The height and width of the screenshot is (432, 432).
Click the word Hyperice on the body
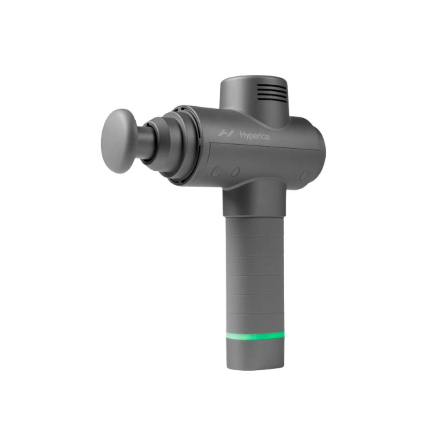pos(254,136)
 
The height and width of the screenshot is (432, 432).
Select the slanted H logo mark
pos(226,133)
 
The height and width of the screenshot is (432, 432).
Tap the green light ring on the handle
pos(255,336)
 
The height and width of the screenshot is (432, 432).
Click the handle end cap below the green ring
pos(255,355)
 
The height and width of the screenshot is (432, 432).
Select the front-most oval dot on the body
pos(216,171)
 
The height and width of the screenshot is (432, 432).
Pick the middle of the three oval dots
pos(235,172)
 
